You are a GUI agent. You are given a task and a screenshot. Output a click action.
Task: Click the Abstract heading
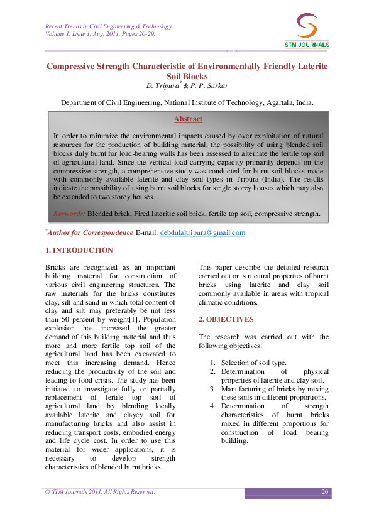pyautogui.click(x=188, y=119)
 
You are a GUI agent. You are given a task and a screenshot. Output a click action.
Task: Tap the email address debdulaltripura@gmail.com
pyautogui.click(x=202, y=232)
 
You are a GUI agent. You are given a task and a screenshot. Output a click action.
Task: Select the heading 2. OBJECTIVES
pyautogui.click(x=226, y=319)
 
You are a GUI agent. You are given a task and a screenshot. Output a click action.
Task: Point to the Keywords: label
pyautogui.click(x=69, y=214)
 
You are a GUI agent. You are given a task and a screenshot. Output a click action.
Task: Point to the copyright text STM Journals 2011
pyautogui.click(x=82, y=491)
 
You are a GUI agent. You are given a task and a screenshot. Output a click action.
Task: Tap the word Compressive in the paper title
pyautogui.click(x=80, y=66)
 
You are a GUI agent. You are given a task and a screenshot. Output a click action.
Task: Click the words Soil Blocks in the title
pyautogui.click(x=187, y=76)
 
